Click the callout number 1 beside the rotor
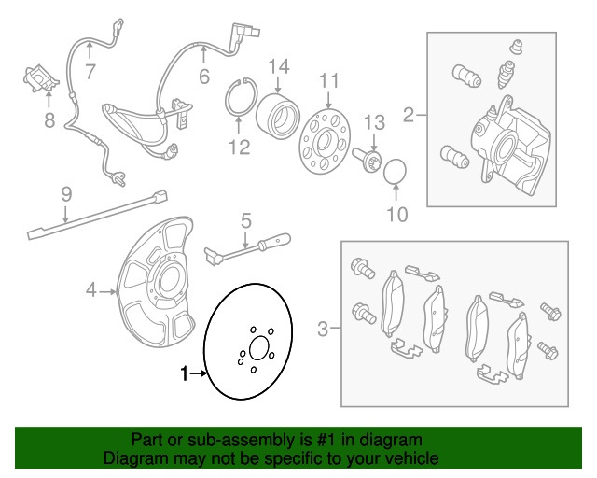[x=184, y=375]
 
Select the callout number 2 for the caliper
[x=409, y=117]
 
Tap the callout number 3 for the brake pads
[x=323, y=329]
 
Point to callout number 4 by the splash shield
[x=91, y=291]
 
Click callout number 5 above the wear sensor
[x=246, y=222]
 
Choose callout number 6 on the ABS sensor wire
[x=203, y=77]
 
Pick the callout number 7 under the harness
[x=90, y=71]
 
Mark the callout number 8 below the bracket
[x=49, y=119]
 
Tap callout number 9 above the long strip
[x=66, y=194]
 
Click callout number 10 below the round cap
[x=397, y=215]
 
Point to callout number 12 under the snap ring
[x=240, y=146]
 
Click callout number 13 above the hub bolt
[x=373, y=121]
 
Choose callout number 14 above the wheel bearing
[x=280, y=65]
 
